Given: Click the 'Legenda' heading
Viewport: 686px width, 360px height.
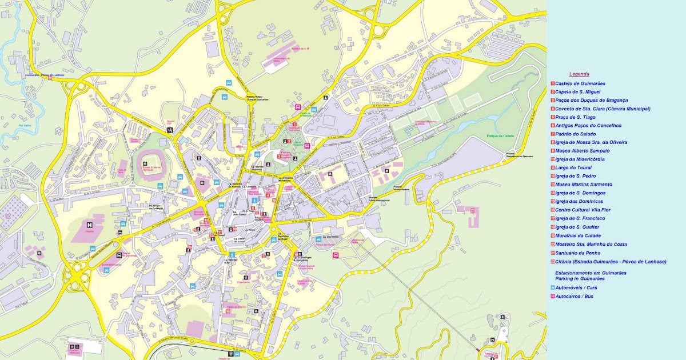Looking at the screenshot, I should (x=579, y=74).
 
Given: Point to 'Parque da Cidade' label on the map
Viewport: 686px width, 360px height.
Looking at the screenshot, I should (x=500, y=135).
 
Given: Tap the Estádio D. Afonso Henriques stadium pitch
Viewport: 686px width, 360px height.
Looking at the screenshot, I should (x=149, y=164).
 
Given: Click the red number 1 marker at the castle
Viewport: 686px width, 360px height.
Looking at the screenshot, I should (x=294, y=124).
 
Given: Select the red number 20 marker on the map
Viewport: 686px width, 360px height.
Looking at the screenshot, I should (x=473, y=210).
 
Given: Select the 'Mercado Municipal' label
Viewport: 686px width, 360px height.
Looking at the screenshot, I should (x=198, y=213).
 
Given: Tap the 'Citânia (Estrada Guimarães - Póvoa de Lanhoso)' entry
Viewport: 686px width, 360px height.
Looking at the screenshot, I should (x=610, y=261).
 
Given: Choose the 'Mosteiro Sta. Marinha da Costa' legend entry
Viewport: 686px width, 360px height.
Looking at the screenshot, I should (x=595, y=244).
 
